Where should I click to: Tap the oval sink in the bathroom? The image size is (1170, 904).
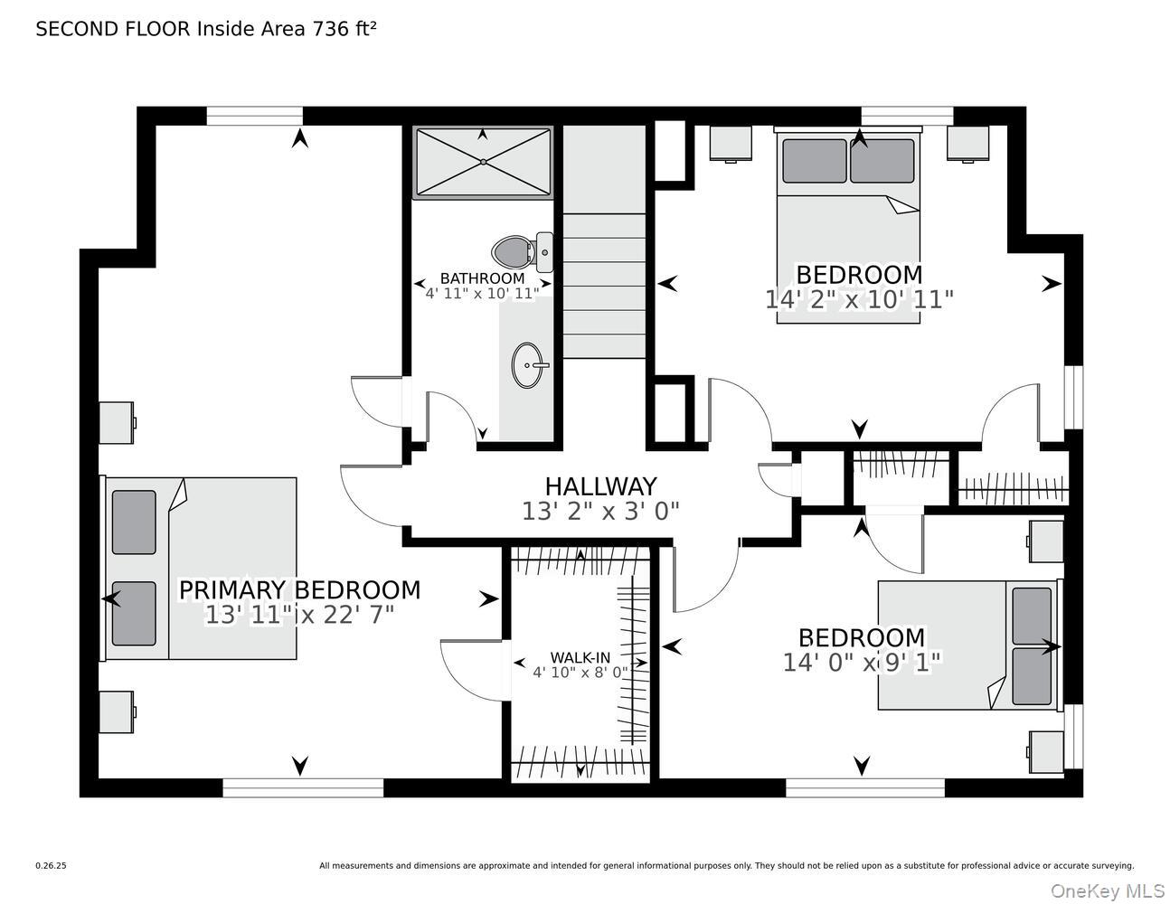(529, 365)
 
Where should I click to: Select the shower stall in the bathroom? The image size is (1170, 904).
(482, 162)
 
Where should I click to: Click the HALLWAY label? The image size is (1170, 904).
(600, 487)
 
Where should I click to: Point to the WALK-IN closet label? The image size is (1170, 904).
(580, 657)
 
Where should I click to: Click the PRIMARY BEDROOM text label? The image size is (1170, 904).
(299, 590)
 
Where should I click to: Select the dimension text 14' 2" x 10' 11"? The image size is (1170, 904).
(859, 299)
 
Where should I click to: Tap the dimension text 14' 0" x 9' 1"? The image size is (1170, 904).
(862, 663)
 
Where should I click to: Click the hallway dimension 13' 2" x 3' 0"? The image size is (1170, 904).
(600, 512)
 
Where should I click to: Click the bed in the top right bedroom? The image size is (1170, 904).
(848, 226)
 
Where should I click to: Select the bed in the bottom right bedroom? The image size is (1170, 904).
(967, 645)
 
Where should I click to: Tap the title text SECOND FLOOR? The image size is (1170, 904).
(113, 29)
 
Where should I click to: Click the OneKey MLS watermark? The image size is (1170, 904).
(1107, 890)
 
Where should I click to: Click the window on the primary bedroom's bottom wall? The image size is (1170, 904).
(303, 788)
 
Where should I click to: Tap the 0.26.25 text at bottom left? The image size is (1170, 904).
(51, 865)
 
